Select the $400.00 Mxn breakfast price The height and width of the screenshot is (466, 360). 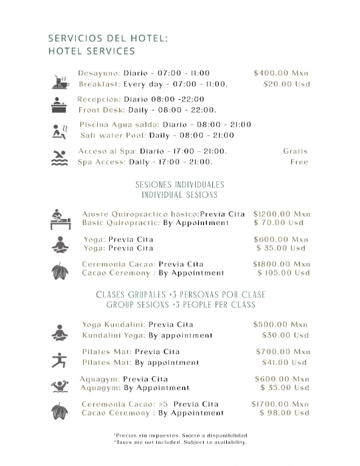coord(281,73)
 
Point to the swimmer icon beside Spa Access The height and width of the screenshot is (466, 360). coord(57,157)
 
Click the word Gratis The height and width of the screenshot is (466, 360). coord(295,151)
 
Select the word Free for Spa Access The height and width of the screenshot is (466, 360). coord(299,162)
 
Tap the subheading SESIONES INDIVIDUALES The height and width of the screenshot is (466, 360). coord(180,184)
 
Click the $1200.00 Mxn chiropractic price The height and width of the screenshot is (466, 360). coord(281,214)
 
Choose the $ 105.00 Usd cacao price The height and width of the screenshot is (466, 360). coord(283,273)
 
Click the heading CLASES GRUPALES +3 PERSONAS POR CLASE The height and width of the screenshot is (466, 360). coord(180,295)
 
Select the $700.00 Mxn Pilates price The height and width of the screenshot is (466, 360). coord(283,351)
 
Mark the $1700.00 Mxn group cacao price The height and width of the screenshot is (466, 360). coord(280,404)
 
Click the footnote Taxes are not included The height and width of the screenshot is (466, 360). coord(180,442)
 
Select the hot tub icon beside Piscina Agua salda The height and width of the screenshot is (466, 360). coord(57,131)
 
